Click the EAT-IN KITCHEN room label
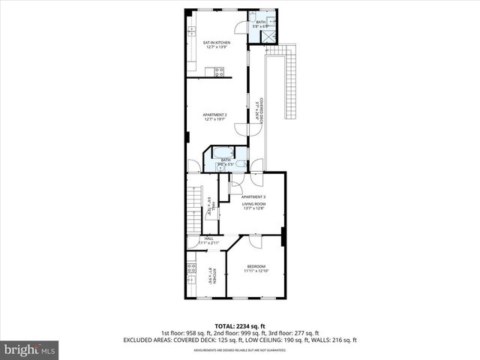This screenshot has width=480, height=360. click(216, 43)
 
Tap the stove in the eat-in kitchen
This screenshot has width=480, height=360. click(219, 72)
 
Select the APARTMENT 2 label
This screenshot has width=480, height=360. click(214, 114)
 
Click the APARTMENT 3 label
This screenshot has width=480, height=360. click(253, 196)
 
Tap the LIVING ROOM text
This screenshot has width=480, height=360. click(253, 203)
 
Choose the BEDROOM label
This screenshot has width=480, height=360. click(256, 266)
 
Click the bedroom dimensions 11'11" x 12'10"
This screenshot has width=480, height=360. click(256, 271)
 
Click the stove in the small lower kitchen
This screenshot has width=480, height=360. click(192, 270)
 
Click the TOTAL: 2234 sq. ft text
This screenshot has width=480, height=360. click(239, 325)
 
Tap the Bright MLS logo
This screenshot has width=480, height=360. click(30, 349)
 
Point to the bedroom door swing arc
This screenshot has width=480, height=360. click(253, 241)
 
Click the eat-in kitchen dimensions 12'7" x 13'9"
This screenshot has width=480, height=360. click(216, 48)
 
